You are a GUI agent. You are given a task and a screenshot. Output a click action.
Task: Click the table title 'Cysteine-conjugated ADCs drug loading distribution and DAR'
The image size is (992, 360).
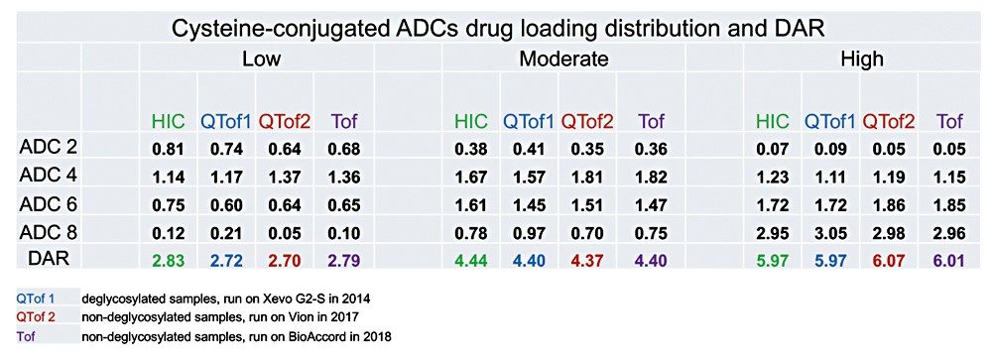click(496, 24)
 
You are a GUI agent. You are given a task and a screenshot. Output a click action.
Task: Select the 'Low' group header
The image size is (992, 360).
click(262, 60)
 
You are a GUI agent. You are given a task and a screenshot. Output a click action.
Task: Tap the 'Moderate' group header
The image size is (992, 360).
click(564, 60)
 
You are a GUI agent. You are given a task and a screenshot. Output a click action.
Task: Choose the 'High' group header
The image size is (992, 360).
click(863, 60)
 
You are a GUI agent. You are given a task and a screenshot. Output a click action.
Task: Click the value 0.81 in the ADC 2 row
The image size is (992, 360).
click(168, 151)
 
